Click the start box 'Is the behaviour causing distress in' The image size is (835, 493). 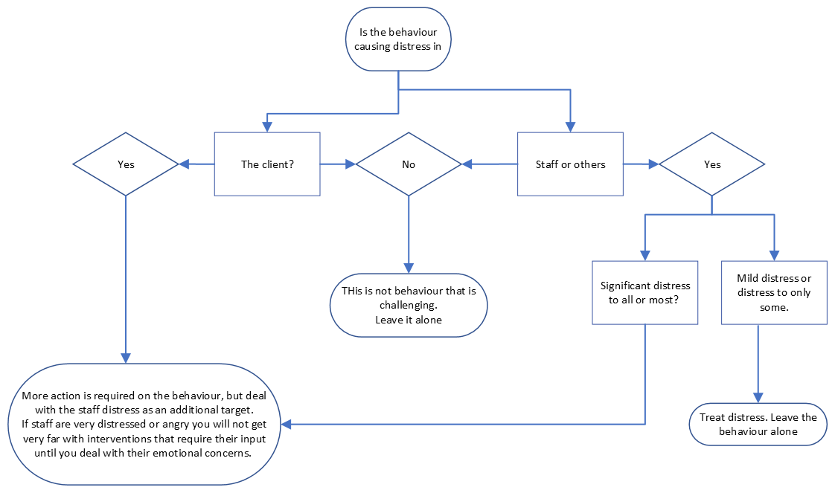click(398, 40)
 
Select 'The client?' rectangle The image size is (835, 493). click(267, 164)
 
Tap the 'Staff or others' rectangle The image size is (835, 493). click(570, 164)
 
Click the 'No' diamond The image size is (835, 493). click(409, 164)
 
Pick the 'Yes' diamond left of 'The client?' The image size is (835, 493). click(126, 164)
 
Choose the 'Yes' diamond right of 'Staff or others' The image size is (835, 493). click(712, 164)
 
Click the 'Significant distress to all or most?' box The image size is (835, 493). click(645, 292)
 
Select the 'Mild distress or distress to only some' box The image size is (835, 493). click(774, 292)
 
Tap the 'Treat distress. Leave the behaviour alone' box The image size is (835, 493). click(758, 425)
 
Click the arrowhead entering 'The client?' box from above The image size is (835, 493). click(267, 127)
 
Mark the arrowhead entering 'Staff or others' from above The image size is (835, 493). click(571, 127)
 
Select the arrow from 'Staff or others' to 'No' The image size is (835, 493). click(489, 164)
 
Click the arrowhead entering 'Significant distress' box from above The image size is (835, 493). click(645, 255)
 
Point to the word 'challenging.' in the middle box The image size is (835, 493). click(409, 305)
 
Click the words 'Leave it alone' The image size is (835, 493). click(409, 320)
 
